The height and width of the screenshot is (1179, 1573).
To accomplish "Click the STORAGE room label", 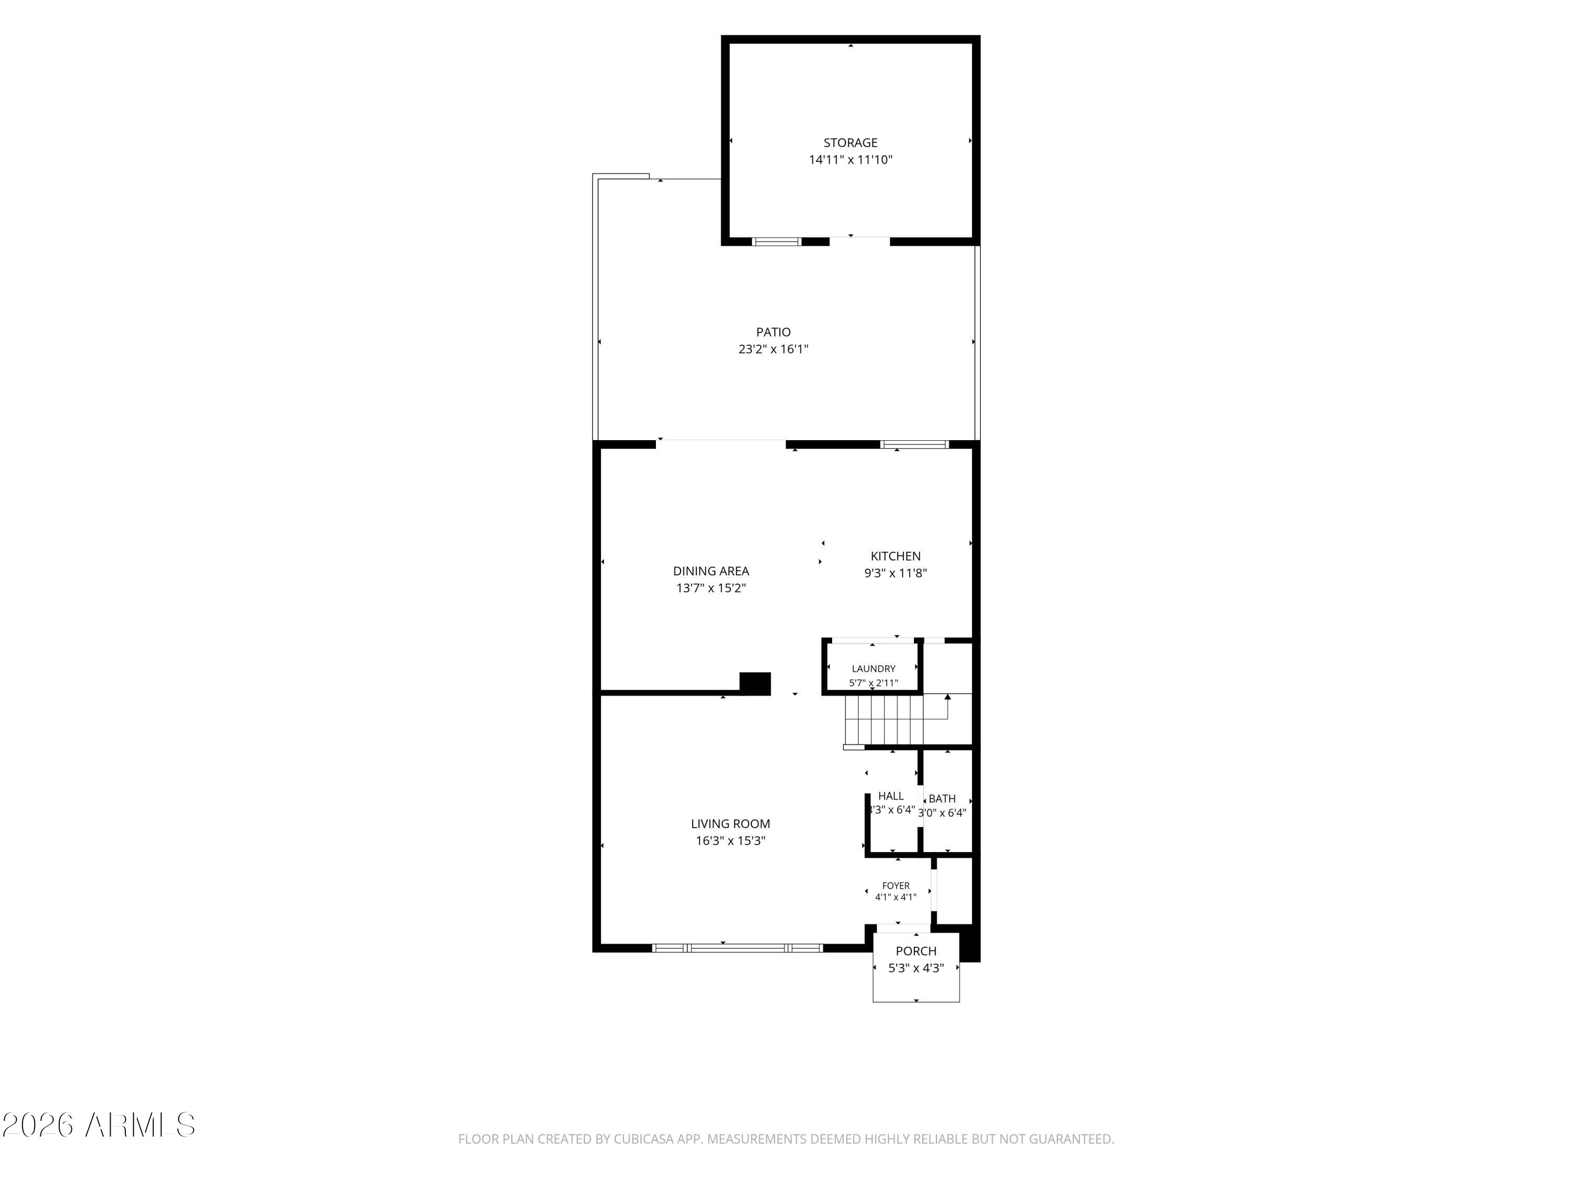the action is click(x=850, y=143).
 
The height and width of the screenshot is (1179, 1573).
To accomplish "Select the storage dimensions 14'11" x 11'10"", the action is click(x=850, y=160).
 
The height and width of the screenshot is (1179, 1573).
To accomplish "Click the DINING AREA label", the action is click(x=711, y=571).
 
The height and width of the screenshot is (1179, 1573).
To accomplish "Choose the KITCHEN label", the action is click(x=896, y=556).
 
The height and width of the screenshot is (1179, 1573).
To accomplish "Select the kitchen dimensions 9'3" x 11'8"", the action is click(x=896, y=573).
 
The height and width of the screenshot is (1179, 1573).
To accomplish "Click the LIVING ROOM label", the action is click(x=730, y=824).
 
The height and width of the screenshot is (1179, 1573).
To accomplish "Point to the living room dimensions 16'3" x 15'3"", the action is click(x=730, y=840).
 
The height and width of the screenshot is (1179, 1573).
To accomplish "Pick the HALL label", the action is click(x=891, y=796).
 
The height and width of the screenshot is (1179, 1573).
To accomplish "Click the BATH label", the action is click(x=942, y=799).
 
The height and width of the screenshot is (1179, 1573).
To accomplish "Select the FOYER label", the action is click(x=896, y=886).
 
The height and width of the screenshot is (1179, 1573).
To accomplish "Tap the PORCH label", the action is click(x=916, y=951).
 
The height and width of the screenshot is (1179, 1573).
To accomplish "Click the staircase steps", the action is click(x=884, y=720).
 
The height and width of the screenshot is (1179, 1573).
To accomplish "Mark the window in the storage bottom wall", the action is click(x=777, y=242).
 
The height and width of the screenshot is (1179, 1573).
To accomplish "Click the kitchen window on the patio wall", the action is click(x=914, y=444).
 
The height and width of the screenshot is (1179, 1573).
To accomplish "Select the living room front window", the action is click(x=737, y=947).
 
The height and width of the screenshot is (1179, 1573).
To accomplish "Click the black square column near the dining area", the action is click(x=755, y=683).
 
